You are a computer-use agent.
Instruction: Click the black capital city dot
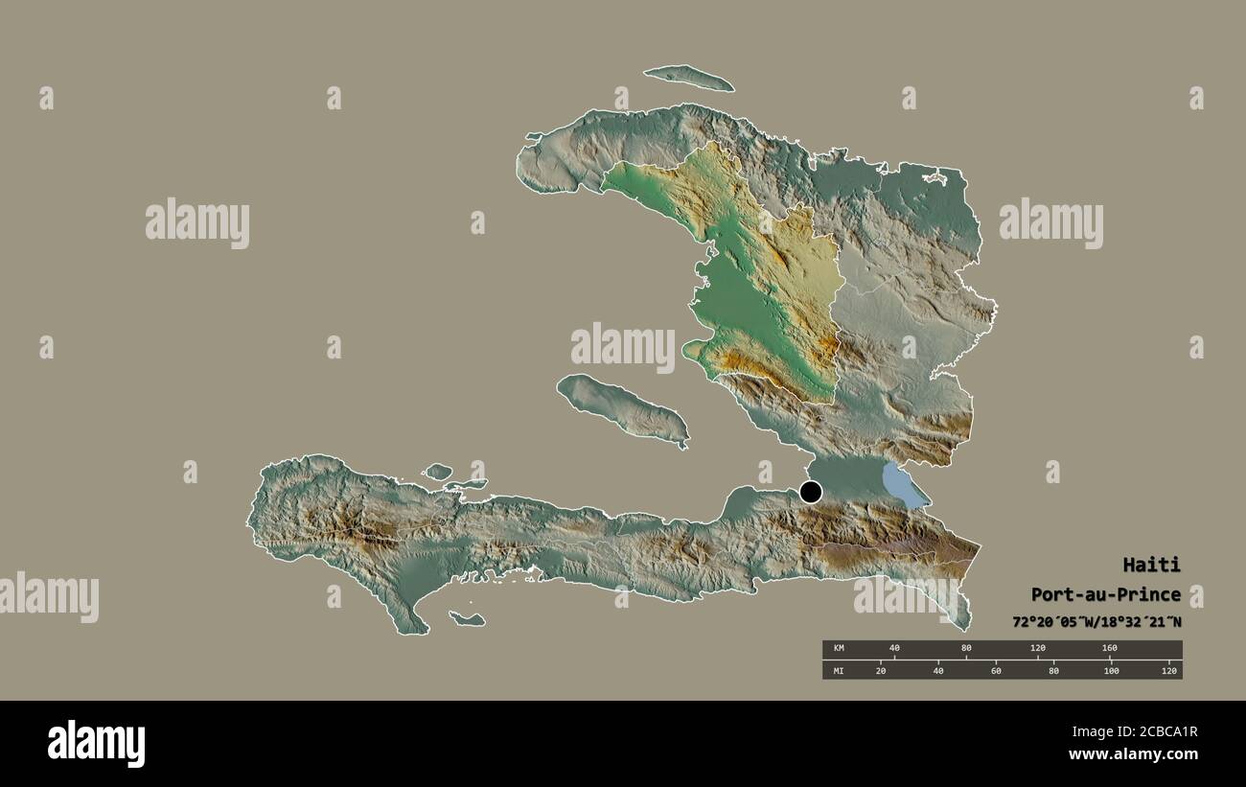tap(811, 493)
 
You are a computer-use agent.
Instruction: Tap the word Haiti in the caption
tap(1151, 565)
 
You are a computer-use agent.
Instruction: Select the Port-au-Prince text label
tap(1105, 594)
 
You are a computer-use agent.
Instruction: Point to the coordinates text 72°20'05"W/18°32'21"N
tap(1096, 622)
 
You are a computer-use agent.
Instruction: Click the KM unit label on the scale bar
tap(839, 649)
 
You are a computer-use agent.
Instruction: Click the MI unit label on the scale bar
tap(839, 670)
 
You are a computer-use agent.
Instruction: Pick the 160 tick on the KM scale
tap(1109, 649)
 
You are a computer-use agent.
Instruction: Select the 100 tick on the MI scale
tap(1111, 670)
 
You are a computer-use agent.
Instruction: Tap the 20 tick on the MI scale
tap(880, 670)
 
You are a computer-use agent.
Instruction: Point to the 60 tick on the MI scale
tap(996, 670)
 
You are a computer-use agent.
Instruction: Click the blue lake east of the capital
tap(903, 485)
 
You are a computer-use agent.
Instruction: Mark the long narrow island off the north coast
tap(688, 78)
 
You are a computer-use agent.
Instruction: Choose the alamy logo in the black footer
tap(96, 744)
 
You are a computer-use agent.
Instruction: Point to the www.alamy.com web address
tap(1127, 754)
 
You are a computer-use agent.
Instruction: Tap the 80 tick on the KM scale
tap(966, 649)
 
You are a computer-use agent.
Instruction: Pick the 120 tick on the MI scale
tap(1168, 670)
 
